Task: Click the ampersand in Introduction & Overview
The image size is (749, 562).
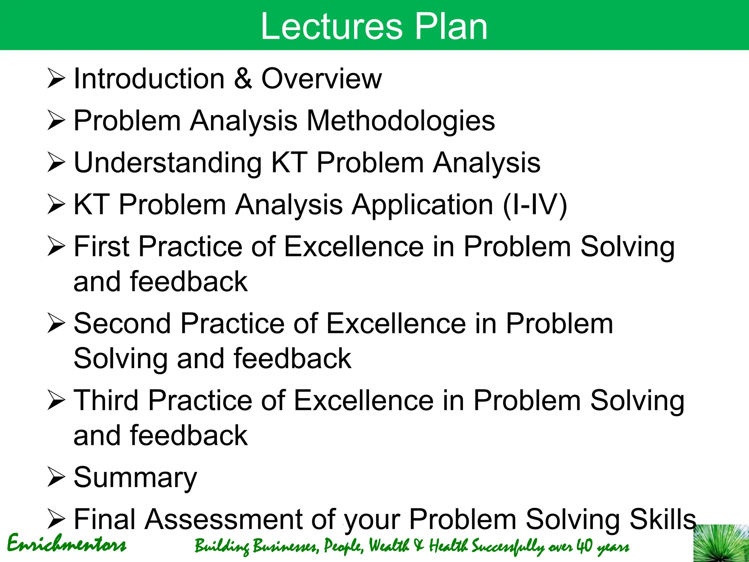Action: pyautogui.click(x=243, y=79)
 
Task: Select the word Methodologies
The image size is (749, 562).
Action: pyautogui.click(x=400, y=121)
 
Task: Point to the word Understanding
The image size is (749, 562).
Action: pyautogui.click(x=168, y=163)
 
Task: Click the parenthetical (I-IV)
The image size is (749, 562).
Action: pyautogui.click(x=535, y=205)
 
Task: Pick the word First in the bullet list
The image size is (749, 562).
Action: pyautogui.click(x=102, y=247)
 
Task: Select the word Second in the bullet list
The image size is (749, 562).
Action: pyautogui.click(x=122, y=324)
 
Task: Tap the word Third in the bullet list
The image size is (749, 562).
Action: pyautogui.click(x=106, y=401)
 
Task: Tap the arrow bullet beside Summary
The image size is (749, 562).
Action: pyautogui.click(x=56, y=478)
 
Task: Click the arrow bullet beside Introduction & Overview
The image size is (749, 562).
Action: pyautogui.click(x=56, y=79)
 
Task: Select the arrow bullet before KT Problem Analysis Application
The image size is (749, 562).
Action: pyautogui.click(x=56, y=205)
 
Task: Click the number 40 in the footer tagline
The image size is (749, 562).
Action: pyautogui.click(x=584, y=546)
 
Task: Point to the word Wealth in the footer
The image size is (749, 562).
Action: pyautogui.click(x=389, y=546)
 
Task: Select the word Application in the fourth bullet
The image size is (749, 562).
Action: pyautogui.click(x=422, y=205)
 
